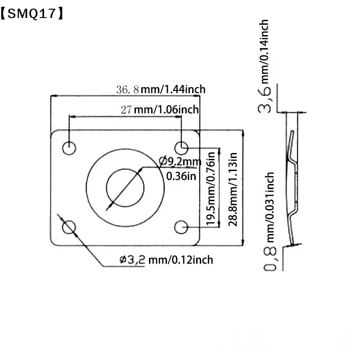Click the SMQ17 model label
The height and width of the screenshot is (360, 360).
[32, 13]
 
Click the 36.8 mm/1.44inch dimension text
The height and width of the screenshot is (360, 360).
[161, 89]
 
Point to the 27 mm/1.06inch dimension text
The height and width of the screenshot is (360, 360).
[160, 109]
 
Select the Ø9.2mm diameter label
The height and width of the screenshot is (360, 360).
[180, 162]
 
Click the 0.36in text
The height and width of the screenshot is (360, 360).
[181, 176]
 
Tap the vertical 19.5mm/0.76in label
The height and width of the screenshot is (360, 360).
[211, 189]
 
